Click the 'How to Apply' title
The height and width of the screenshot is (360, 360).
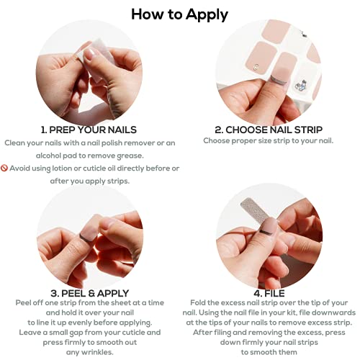click(179, 15)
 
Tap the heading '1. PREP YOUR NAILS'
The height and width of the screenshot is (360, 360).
click(89, 130)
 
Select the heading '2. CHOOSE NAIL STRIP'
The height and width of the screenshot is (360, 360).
click(269, 130)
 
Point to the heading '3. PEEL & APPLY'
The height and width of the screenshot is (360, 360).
click(90, 293)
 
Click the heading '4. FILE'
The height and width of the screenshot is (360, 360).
click(269, 293)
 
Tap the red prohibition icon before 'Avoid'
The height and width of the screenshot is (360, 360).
click(4, 168)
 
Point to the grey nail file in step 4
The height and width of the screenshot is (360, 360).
click(255, 210)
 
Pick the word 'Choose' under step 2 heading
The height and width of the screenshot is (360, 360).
click(216, 140)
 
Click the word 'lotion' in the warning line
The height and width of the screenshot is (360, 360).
click(62, 168)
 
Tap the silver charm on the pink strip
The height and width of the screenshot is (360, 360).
click(256, 67)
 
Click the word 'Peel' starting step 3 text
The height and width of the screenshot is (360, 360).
click(23, 302)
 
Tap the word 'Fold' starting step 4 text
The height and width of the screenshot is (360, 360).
click(198, 302)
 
